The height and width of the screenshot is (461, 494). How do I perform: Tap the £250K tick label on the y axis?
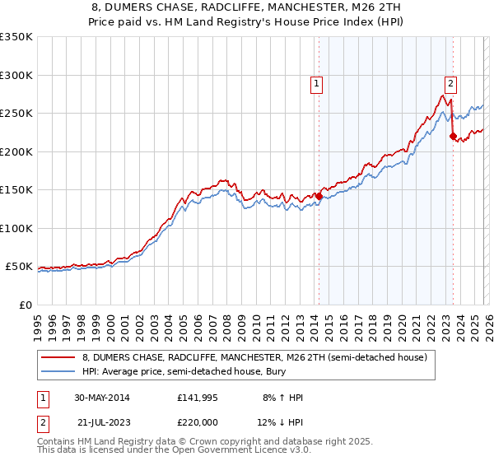pos(16,114)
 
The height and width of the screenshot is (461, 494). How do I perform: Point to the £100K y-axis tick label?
pos(16,228)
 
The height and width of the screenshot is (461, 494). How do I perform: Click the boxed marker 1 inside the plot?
pos(317,82)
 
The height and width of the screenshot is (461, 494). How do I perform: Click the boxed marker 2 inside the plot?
pos(451,82)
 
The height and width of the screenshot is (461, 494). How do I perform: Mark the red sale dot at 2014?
pos(319,196)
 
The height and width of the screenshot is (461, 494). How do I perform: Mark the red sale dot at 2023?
pos(453,137)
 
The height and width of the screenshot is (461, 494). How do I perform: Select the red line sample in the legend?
pos(58,357)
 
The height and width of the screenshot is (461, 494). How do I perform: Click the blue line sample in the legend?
pos(58,372)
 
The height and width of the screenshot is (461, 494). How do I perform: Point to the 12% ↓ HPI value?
pos(281,423)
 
